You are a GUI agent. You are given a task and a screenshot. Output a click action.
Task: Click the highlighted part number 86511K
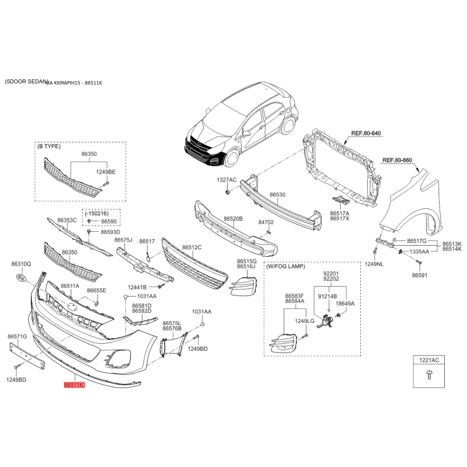click(x=75, y=385)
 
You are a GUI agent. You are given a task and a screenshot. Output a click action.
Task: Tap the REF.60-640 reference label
click(x=366, y=134)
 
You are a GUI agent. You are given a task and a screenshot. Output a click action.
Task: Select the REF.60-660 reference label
click(x=397, y=160)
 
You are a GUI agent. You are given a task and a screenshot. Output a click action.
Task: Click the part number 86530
click(x=277, y=195)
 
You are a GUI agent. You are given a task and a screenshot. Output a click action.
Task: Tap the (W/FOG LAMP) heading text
click(x=286, y=266)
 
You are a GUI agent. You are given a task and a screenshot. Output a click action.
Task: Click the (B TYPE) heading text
click(x=48, y=147)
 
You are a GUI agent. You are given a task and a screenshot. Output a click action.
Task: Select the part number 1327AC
click(x=226, y=180)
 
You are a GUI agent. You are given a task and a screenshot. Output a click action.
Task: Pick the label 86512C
click(x=191, y=247)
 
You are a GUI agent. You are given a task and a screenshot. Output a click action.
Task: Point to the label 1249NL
click(x=374, y=264)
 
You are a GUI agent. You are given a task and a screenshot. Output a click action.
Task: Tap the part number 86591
click(x=420, y=274)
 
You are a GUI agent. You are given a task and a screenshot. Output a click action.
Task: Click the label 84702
click(x=266, y=222)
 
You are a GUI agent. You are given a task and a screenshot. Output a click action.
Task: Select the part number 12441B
click(x=138, y=287)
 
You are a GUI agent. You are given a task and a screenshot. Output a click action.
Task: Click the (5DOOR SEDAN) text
click(x=24, y=82)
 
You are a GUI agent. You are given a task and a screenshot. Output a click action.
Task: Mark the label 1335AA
click(x=419, y=251)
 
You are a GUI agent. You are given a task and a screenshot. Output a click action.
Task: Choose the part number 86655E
click(x=96, y=290)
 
